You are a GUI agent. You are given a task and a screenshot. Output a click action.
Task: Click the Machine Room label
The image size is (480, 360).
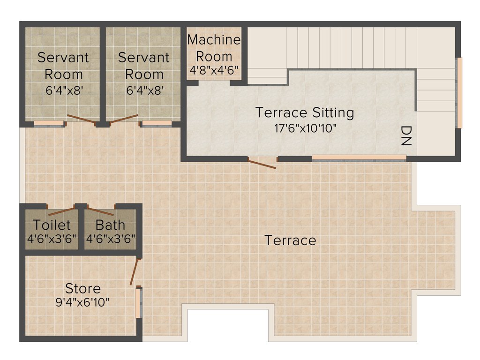pos(214,48)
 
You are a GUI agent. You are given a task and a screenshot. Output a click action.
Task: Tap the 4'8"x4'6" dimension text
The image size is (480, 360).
pos(214,71)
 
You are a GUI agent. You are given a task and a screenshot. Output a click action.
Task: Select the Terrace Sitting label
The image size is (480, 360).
pos(304,112)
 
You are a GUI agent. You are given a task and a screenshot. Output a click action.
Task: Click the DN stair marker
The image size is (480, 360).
pos(406,136)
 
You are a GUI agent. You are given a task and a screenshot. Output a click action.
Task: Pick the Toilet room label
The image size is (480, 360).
pos(52,225)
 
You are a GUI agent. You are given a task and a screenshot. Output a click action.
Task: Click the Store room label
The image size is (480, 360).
pos(82,288)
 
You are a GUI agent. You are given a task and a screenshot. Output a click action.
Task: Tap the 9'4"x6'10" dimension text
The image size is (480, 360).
pos(82,302)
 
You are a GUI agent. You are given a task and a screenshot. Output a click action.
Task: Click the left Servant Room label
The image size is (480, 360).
pos(63,66)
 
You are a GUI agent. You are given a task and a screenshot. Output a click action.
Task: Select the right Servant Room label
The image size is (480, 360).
pos(143,66)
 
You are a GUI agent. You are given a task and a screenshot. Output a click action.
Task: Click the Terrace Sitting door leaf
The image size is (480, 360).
pos(262,164)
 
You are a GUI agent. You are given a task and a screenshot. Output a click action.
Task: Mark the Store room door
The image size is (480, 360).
pos(135,271)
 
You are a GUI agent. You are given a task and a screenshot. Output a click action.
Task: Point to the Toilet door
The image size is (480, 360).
pos(61,211)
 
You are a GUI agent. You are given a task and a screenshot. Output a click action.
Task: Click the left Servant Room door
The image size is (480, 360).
pos(81,119)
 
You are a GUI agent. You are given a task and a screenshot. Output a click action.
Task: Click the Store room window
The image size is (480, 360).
pos(138,302)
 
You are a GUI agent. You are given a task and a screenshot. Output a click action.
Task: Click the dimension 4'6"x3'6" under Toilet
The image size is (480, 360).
pos(52,238)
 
